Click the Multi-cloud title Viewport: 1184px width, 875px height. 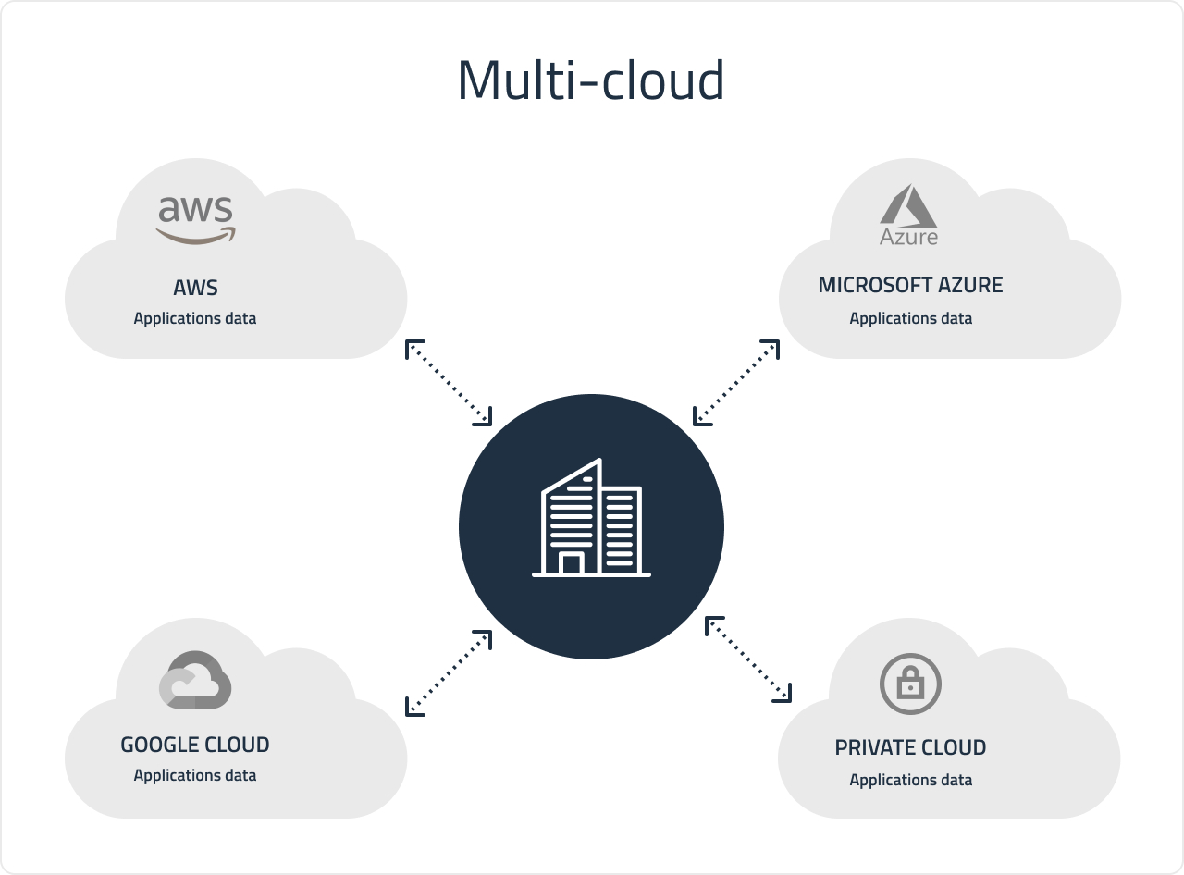click(x=590, y=80)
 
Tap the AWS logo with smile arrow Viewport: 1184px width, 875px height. click(x=195, y=219)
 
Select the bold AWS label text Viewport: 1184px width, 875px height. click(x=195, y=288)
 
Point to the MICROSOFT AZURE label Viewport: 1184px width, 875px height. click(x=910, y=285)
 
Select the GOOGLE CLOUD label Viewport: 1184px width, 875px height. click(x=195, y=745)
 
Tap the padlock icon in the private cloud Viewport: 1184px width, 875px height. click(x=910, y=684)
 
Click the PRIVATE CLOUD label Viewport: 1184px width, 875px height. click(x=910, y=747)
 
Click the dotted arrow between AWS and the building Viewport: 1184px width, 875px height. click(x=449, y=383)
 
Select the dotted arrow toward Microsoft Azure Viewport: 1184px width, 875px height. click(x=736, y=383)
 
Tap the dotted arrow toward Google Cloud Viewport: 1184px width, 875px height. click(x=449, y=672)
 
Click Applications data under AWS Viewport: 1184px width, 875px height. click(x=195, y=318)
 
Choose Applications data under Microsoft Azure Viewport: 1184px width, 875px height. click(x=910, y=318)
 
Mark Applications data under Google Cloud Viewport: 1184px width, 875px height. click(x=195, y=775)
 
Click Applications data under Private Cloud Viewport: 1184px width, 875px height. click(x=910, y=780)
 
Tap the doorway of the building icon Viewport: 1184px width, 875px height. click(x=572, y=563)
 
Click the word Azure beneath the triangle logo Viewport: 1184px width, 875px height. click(x=908, y=237)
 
